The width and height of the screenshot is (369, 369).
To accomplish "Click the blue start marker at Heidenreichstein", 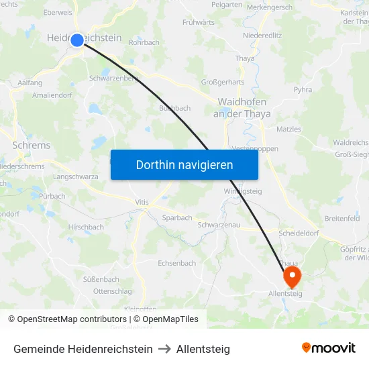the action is [x=77, y=40].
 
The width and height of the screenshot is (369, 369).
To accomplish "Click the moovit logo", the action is [x=328, y=348].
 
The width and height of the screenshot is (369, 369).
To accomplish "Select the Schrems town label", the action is [x=32, y=145].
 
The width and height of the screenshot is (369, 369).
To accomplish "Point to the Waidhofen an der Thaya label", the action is [x=242, y=108].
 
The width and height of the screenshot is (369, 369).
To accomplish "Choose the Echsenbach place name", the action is [x=176, y=264].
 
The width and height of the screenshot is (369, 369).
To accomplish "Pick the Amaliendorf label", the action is [x=51, y=95].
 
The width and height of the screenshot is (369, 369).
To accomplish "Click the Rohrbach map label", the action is [x=144, y=42].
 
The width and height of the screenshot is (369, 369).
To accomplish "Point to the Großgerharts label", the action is [x=223, y=83].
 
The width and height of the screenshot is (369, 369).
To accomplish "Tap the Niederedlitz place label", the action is [x=262, y=35].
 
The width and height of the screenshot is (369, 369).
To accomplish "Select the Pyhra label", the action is [x=303, y=89].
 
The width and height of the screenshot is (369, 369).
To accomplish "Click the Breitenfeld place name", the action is [x=341, y=219].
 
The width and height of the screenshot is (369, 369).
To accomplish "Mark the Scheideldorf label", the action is [x=299, y=233].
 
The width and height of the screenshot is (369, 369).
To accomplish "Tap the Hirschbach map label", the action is [x=86, y=227].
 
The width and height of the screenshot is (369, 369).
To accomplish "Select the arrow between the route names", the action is [x=165, y=349].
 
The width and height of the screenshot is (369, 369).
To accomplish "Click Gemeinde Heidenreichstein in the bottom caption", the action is [x=83, y=349].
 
